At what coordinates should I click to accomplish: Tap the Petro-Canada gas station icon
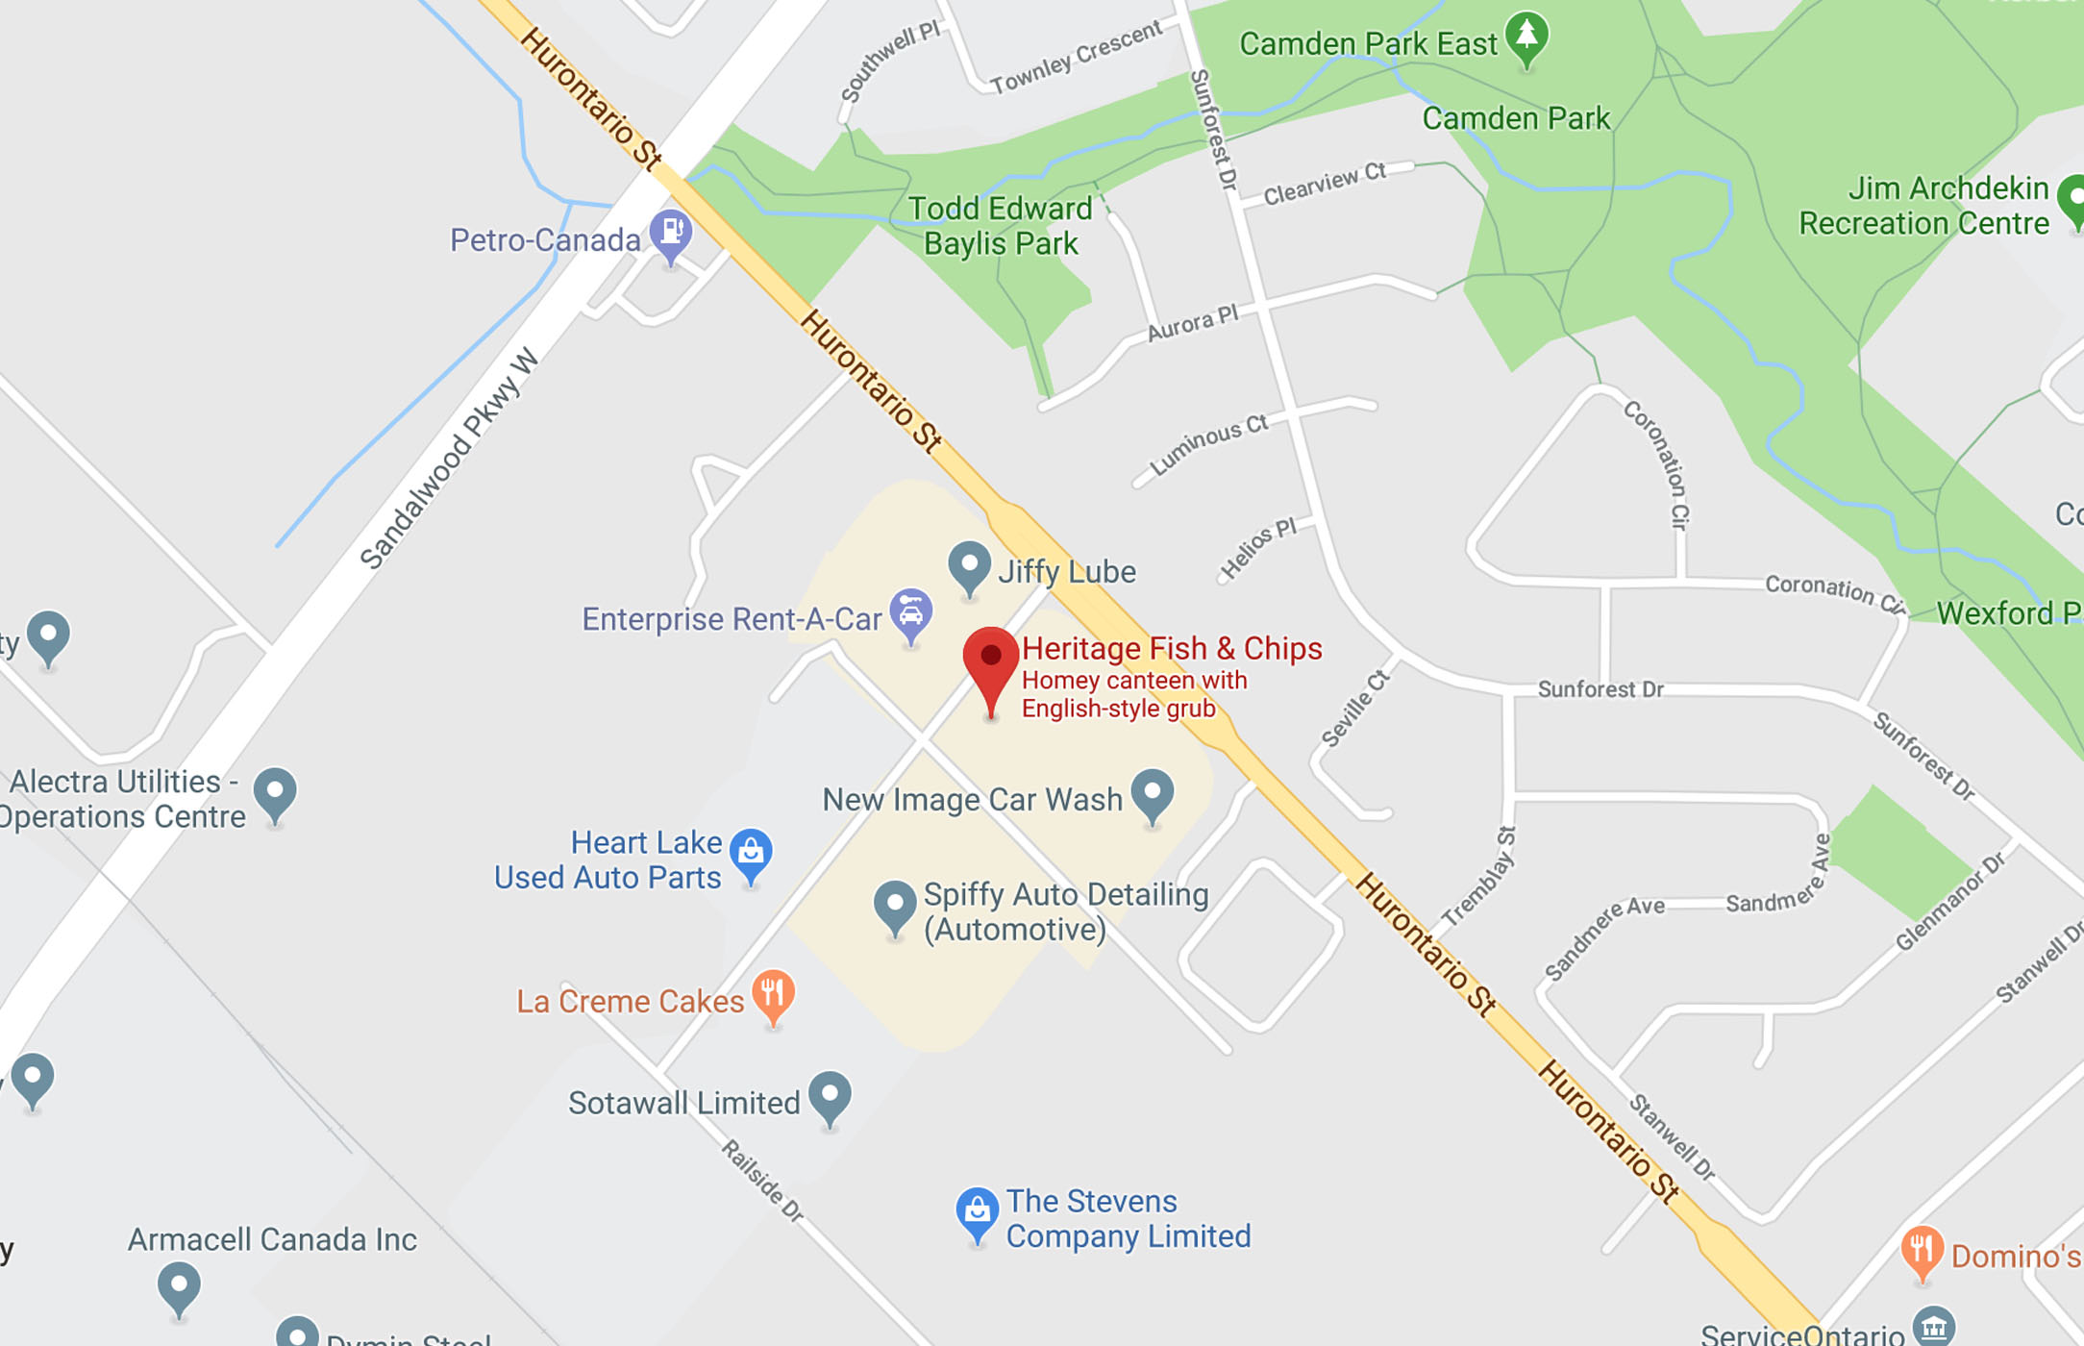point(671,233)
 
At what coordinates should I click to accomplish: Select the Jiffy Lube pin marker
point(969,564)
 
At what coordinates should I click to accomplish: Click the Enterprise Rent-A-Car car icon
point(910,612)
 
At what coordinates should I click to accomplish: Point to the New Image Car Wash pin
point(1152,793)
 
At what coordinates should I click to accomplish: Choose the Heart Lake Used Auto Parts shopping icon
point(751,852)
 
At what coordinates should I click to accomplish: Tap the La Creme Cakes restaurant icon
point(773,993)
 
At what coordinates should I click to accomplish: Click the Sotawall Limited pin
point(830,1095)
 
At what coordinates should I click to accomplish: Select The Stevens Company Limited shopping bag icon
point(977,1210)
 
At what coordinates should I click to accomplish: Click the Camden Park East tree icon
point(1526,37)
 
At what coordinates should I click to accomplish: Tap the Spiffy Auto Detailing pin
point(894,905)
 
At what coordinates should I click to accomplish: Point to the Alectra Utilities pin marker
point(275,791)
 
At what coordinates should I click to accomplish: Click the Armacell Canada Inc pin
point(179,1284)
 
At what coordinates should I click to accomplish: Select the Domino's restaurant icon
point(1922,1249)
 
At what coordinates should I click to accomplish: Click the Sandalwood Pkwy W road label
point(449,460)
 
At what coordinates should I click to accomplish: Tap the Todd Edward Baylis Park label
point(1000,226)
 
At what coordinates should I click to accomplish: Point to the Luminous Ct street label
point(1209,444)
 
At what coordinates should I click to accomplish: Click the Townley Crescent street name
point(1077,57)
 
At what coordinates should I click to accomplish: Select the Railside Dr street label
point(762,1181)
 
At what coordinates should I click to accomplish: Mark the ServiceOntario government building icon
point(1933,1327)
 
